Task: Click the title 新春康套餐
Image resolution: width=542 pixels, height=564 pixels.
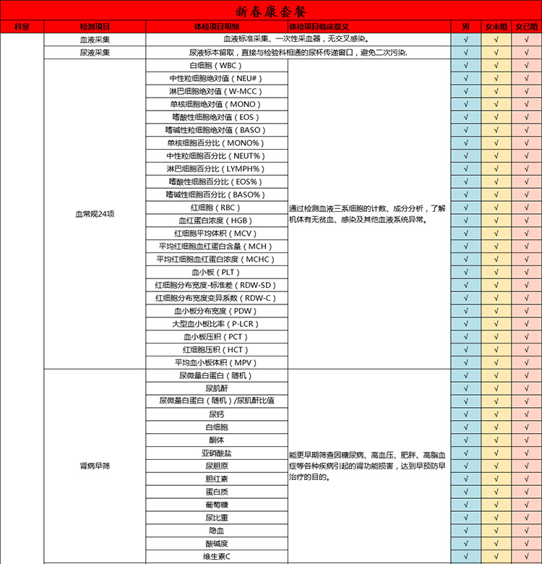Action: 271,11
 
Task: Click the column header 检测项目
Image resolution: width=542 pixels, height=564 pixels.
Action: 95,27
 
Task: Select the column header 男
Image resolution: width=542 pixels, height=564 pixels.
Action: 465,27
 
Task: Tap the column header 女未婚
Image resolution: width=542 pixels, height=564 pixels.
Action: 496,27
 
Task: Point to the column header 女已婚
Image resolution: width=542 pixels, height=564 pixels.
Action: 526,27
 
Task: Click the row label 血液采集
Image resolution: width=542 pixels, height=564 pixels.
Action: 95,40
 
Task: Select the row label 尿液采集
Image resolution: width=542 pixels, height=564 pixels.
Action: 95,53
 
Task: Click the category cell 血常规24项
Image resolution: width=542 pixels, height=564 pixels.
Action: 95,214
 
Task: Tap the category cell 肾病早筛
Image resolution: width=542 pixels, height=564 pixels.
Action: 95,466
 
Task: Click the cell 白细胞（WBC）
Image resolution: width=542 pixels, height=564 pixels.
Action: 216,66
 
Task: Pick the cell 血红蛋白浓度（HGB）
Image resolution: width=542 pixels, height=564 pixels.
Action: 216,221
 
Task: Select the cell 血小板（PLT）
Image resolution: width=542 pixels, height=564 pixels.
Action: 216,272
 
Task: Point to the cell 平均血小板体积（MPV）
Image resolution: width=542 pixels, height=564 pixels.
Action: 216,362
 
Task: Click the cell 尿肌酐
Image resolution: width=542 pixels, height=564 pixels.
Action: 216,388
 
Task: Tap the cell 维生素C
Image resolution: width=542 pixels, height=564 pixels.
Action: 216,557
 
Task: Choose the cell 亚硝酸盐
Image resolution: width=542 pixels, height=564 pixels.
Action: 216,453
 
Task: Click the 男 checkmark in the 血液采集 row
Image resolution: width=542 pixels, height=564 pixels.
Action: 465,40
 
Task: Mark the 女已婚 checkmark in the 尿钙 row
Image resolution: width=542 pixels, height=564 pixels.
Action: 526,414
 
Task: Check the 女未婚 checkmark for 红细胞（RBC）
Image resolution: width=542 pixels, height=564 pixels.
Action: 496,208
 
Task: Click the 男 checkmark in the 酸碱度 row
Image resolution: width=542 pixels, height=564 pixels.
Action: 465,544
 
